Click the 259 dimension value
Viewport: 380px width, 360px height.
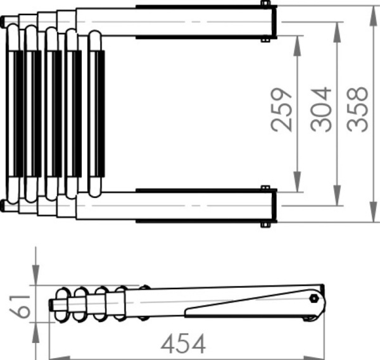[282, 109]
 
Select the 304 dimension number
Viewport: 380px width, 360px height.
[321, 109]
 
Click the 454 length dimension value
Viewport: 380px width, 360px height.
[183, 344]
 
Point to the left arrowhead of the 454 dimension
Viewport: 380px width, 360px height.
[53, 345]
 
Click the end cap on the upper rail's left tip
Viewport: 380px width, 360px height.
[5, 23]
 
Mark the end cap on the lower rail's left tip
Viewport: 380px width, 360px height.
[5, 204]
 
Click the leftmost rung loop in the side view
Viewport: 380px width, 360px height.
[63, 304]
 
